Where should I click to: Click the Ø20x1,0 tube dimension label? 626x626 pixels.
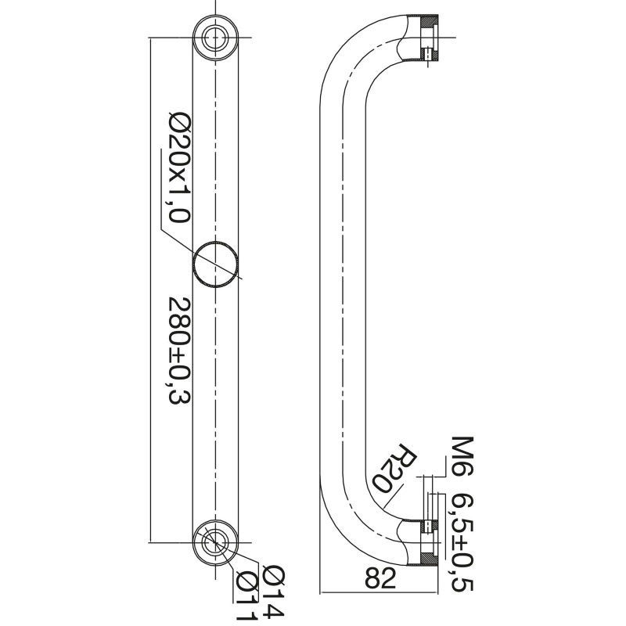pyautogui.click(x=180, y=167)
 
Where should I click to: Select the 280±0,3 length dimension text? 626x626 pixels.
pyautogui.click(x=180, y=350)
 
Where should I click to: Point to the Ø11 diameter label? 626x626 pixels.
pyautogui.click(x=246, y=597)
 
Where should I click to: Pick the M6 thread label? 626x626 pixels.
pyautogui.click(x=462, y=456)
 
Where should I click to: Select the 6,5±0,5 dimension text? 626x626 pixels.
pyautogui.click(x=462, y=542)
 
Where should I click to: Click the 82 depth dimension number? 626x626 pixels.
pyautogui.click(x=380, y=577)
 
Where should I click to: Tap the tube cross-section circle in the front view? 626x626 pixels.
pyautogui.click(x=216, y=264)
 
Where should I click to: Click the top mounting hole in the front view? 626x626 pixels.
pyautogui.click(x=216, y=38)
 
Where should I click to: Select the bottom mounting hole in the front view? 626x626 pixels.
pyautogui.click(x=216, y=542)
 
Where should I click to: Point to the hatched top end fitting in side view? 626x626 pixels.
pyautogui.click(x=429, y=38)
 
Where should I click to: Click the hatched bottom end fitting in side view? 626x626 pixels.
pyautogui.click(x=429, y=542)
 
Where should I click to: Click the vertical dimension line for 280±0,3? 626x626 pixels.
pyautogui.click(x=150, y=290)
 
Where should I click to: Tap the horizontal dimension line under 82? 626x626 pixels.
pyautogui.click(x=380, y=593)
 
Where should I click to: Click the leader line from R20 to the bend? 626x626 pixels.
pyautogui.click(x=393, y=496)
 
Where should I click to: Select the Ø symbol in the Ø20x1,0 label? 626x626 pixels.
pyautogui.click(x=180, y=121)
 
